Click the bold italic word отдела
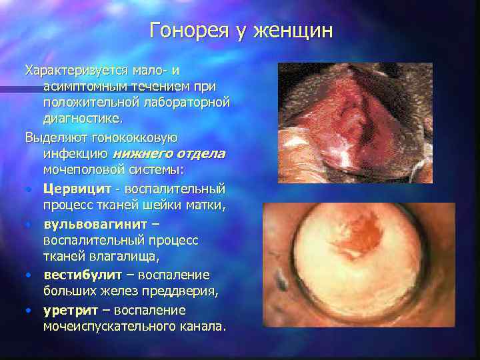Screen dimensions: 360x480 202,154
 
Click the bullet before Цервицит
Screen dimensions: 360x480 29,189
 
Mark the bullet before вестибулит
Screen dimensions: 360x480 29,275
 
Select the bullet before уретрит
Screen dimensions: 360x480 29,310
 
